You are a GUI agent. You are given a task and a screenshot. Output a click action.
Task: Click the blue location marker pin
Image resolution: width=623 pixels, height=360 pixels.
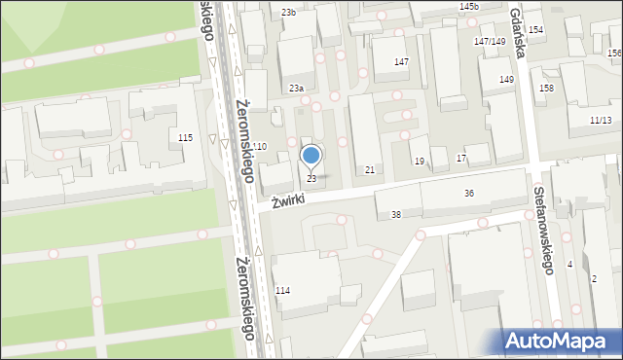click(x=311, y=156)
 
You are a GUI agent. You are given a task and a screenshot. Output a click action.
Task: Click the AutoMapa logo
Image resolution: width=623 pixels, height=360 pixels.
click(x=560, y=341)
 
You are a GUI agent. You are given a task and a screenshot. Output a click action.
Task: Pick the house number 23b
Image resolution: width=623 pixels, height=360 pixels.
click(x=288, y=12)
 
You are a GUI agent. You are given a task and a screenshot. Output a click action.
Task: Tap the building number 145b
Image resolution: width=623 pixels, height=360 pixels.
click(x=469, y=7)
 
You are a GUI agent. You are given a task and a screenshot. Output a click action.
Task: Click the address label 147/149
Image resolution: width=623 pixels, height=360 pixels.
click(x=490, y=41)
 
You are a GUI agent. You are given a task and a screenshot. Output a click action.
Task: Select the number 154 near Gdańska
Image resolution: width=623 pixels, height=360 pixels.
click(x=535, y=30)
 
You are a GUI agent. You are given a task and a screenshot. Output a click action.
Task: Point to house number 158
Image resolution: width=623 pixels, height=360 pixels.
click(x=546, y=89)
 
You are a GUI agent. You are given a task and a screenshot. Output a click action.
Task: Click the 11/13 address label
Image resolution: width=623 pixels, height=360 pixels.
click(x=601, y=120)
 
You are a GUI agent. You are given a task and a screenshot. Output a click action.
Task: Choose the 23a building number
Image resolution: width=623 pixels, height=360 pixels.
click(x=296, y=89)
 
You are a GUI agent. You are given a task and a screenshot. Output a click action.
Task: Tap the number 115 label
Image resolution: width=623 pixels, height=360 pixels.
click(x=185, y=138)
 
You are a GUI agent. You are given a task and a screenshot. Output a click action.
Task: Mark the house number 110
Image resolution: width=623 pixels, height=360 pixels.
click(x=259, y=145)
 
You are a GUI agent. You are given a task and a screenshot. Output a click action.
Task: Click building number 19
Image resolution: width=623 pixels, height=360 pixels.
click(x=419, y=161)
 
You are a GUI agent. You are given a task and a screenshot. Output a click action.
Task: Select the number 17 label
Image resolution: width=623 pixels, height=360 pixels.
click(x=461, y=158)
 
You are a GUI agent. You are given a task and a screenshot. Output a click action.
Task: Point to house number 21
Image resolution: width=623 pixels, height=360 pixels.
click(x=370, y=170)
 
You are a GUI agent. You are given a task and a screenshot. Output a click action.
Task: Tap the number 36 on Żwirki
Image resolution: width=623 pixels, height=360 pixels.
click(x=469, y=194)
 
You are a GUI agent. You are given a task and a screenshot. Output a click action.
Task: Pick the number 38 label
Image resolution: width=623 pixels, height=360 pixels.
click(x=395, y=214)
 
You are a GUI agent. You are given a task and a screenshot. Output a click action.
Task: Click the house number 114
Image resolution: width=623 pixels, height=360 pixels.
click(x=282, y=291)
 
